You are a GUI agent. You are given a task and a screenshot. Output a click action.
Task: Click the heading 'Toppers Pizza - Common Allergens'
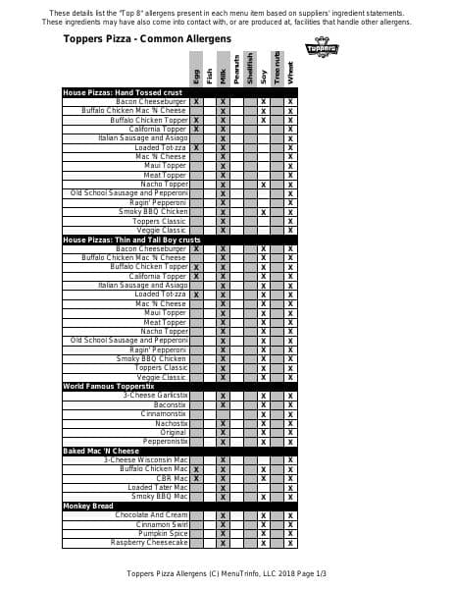[x=147, y=39]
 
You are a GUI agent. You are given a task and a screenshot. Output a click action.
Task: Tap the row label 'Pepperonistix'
[x=162, y=441]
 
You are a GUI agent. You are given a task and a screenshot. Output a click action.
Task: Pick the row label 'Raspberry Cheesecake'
[x=149, y=542]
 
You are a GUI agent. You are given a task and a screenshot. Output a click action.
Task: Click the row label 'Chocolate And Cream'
[x=151, y=514]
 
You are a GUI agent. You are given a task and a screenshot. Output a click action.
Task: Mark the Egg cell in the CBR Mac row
[x=197, y=478]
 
